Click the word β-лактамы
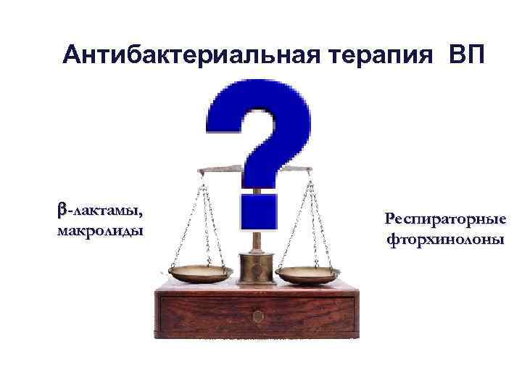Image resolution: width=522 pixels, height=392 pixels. [100, 212]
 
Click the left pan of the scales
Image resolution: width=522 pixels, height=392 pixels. [201, 274]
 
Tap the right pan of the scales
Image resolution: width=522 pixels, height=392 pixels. [308, 274]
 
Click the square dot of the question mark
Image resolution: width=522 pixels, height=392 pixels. [258, 211]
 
